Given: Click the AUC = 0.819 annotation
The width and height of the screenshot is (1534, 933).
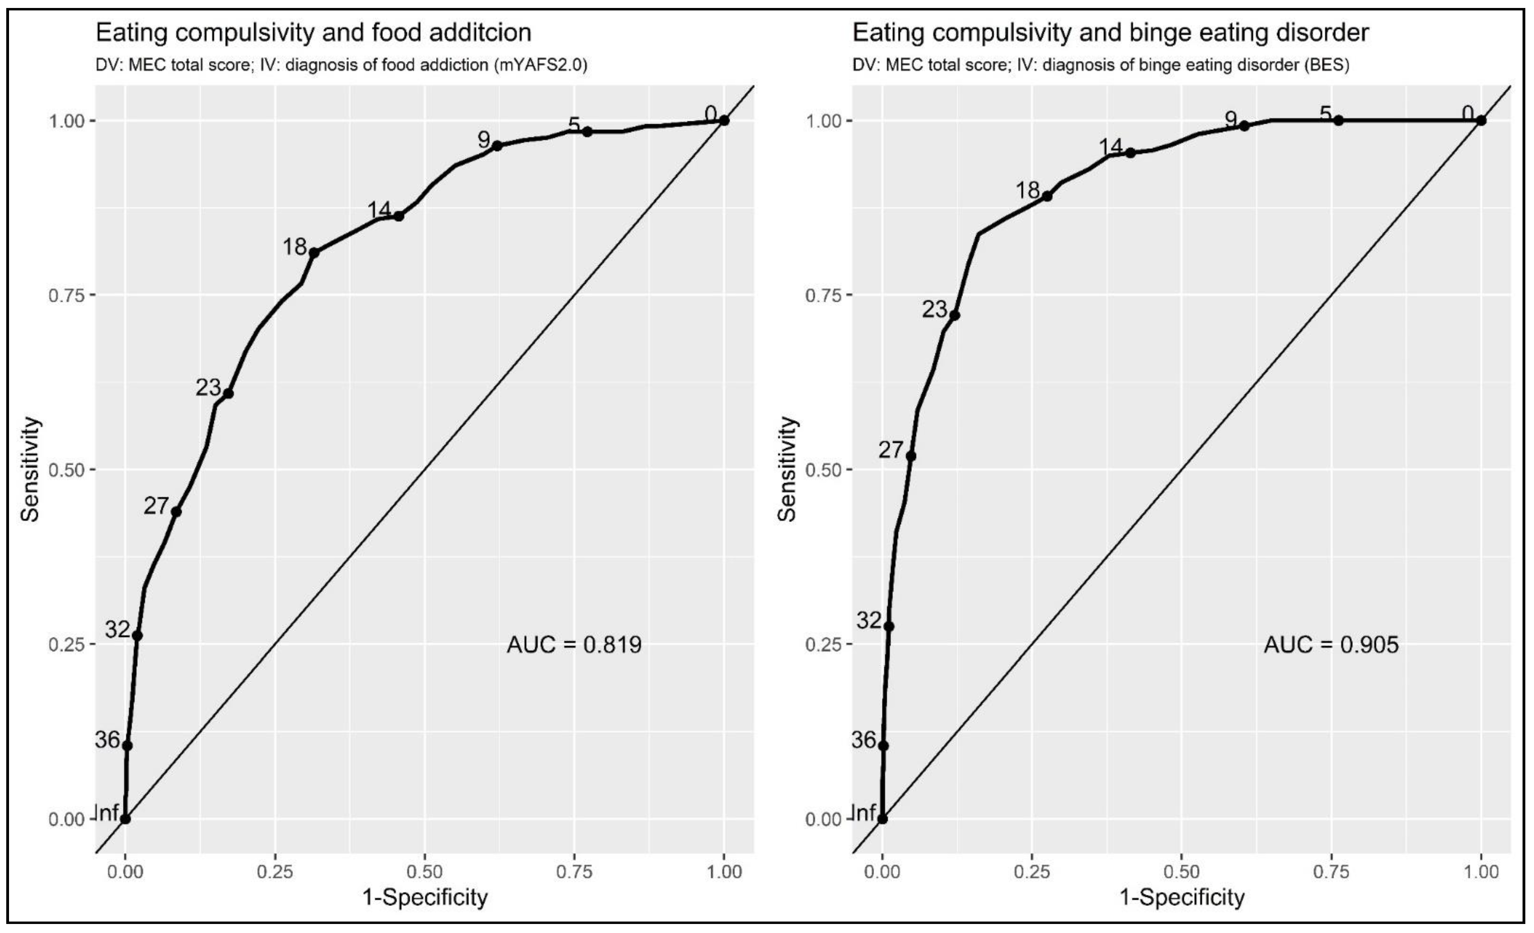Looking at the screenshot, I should tap(573, 645).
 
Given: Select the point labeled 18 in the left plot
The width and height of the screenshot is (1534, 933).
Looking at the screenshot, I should tap(314, 253).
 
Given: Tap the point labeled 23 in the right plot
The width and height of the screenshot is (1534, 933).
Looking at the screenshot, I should tap(954, 316).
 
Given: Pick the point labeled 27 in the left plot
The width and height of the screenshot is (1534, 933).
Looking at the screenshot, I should tap(176, 512).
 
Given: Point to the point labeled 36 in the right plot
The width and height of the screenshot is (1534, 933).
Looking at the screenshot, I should tap(883, 746).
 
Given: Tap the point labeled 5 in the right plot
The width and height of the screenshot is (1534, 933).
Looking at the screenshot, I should tap(1339, 120).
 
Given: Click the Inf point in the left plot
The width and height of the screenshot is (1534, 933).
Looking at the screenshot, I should tap(125, 819).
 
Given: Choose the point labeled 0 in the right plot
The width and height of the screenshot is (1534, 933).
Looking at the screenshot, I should tap(1481, 120).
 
